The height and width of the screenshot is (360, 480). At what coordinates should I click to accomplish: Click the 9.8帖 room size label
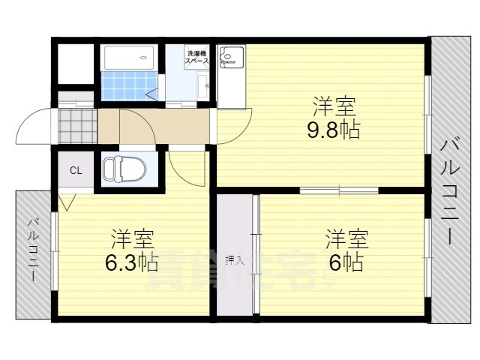pyautogui.click(x=333, y=131)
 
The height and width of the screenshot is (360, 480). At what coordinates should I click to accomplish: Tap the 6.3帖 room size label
pyautogui.click(x=131, y=263)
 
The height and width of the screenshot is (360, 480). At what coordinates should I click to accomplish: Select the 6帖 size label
pyautogui.click(x=346, y=262)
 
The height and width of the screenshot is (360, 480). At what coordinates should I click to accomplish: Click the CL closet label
pyautogui.click(x=76, y=170)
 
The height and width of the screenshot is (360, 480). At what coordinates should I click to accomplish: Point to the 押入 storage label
pyautogui.click(x=235, y=261)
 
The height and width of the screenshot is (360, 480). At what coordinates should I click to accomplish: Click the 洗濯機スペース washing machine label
pyautogui.click(x=196, y=57)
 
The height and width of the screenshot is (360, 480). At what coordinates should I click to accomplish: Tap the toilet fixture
pyautogui.click(x=124, y=169)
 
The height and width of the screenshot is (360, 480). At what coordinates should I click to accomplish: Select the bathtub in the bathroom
pyautogui.click(x=129, y=58)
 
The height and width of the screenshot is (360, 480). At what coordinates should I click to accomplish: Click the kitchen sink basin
pyautogui.click(x=232, y=57)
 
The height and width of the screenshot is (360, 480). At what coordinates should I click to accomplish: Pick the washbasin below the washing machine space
pyautogui.click(x=202, y=85)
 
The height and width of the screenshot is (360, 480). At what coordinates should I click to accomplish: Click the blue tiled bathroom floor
pyautogui.click(x=130, y=86)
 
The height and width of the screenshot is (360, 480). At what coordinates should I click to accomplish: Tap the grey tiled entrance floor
pyautogui.click(x=77, y=126)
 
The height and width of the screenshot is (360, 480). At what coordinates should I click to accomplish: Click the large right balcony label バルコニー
pyautogui.click(x=449, y=192)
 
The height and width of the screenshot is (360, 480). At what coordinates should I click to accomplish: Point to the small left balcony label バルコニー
pyautogui.click(x=33, y=249)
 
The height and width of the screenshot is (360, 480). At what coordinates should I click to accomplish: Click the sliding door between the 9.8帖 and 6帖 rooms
pyautogui.click(x=339, y=190)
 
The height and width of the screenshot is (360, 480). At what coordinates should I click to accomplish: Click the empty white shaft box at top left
pyautogui.click(x=76, y=64)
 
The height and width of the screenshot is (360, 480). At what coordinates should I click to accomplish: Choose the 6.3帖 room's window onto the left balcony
pyautogui.click(x=55, y=251)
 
